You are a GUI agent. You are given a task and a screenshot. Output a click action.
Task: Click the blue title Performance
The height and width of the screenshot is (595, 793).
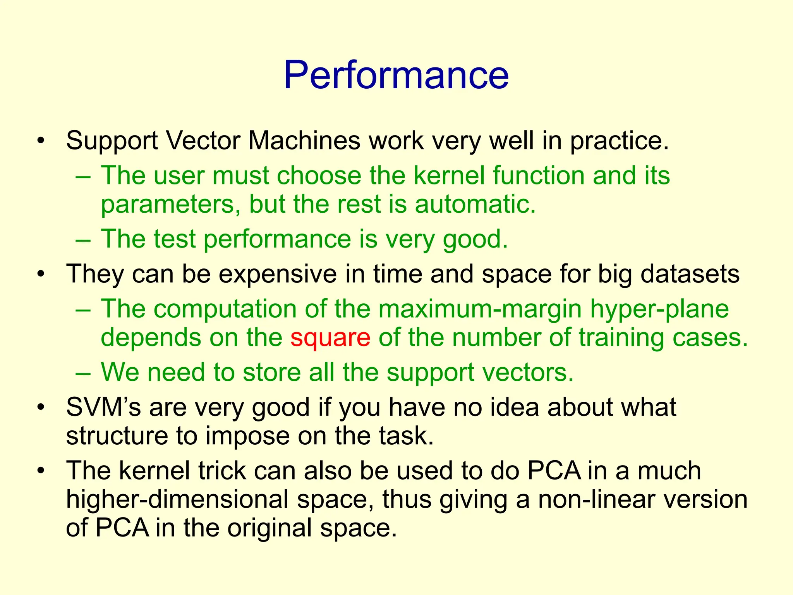click(396, 75)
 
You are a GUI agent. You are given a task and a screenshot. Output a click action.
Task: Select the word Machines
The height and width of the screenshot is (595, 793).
click(304, 140)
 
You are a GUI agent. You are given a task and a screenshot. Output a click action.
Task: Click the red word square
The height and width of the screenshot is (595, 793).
click(330, 337)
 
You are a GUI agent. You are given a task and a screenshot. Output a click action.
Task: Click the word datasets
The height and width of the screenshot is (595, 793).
click(690, 274)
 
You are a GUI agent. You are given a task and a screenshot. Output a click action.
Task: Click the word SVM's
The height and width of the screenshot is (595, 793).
click(103, 407)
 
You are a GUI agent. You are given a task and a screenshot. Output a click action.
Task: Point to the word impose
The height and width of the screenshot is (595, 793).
click(247, 436)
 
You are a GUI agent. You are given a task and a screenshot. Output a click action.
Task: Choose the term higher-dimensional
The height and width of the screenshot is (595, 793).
click(177, 499)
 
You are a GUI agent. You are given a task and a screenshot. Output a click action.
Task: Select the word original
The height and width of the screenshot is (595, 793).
click(269, 528)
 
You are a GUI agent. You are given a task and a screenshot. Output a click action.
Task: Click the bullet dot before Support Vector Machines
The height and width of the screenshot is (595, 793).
click(41, 141)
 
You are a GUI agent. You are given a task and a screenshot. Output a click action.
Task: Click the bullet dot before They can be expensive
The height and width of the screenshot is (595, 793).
click(41, 275)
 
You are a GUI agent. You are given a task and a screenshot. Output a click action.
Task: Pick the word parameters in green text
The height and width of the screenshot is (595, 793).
click(167, 205)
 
